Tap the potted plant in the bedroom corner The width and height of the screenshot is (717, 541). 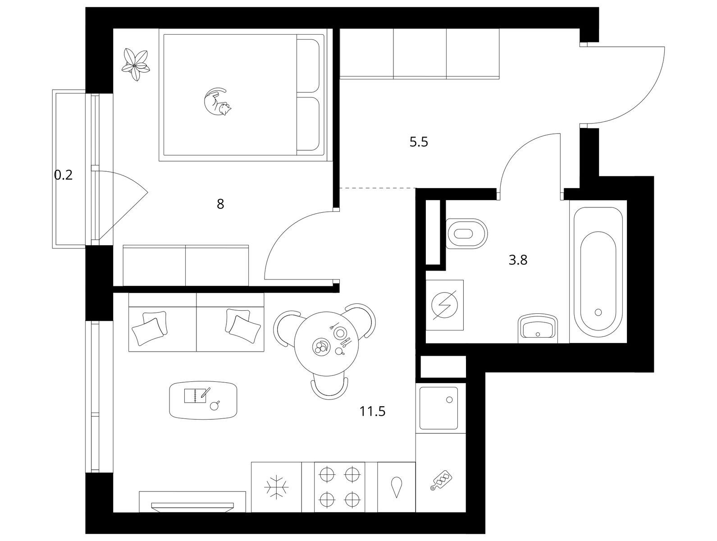[x=135, y=64]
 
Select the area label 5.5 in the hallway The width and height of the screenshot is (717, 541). [x=419, y=142]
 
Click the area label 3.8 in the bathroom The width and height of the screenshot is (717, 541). [x=518, y=260]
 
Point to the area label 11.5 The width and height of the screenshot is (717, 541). [x=372, y=411]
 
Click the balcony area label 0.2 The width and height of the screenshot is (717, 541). [x=63, y=175]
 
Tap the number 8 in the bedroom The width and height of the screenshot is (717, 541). [x=220, y=204]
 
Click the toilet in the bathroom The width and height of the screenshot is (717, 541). [x=466, y=234]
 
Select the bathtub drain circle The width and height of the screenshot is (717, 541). [x=598, y=312]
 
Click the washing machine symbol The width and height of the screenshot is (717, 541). [x=444, y=305]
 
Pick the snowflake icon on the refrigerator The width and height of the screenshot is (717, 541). [x=276, y=488]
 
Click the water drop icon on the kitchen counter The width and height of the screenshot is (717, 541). [x=396, y=487]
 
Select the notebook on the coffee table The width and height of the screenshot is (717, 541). [x=195, y=396]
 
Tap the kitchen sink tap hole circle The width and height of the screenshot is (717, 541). [x=449, y=399]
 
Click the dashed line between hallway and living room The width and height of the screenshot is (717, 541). [x=378, y=188]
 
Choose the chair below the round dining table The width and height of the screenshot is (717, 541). [x=329, y=388]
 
